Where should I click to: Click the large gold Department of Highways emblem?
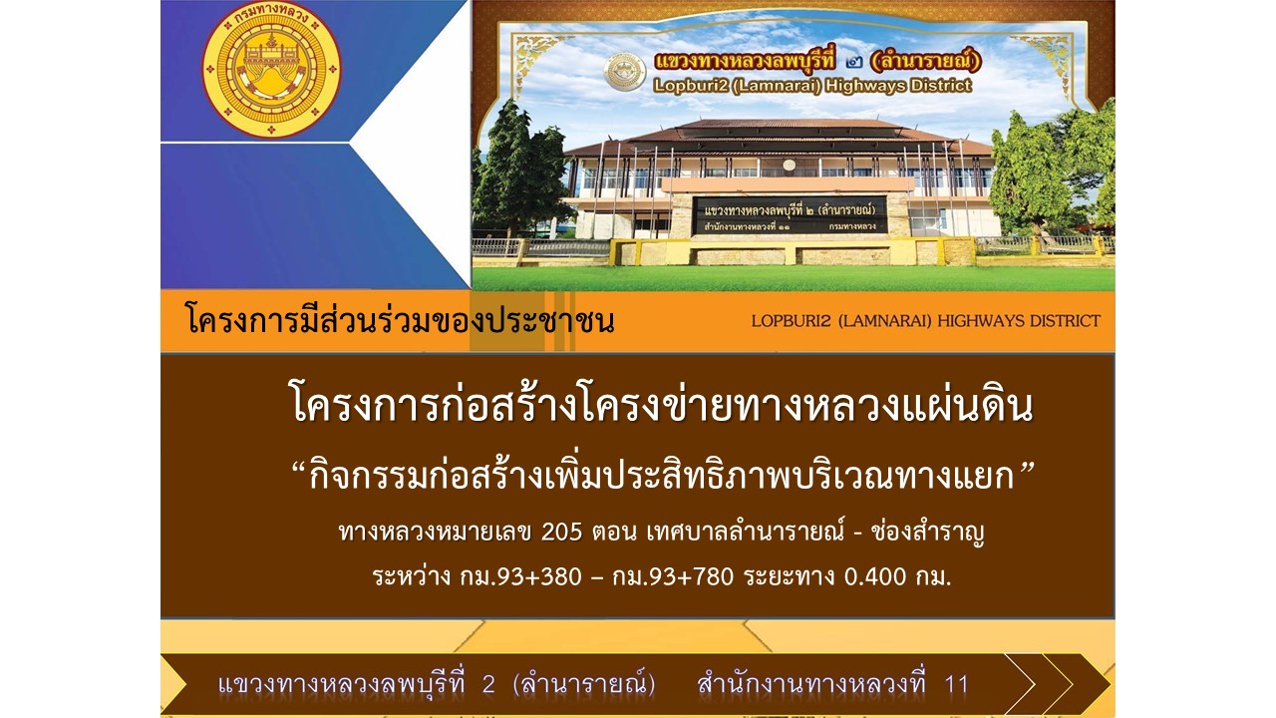pyautogui.click(x=272, y=70)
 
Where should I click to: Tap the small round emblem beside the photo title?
pyautogui.click(x=625, y=73)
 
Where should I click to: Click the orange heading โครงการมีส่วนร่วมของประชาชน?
pyautogui.click(x=400, y=321)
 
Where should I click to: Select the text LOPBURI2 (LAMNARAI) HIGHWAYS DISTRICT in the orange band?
pyautogui.click(x=926, y=321)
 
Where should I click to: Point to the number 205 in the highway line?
pyautogui.click(x=561, y=533)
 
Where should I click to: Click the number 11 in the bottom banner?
pyautogui.click(x=956, y=684)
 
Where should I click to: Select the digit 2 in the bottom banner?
pyautogui.click(x=488, y=684)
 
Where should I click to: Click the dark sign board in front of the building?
pyautogui.click(x=790, y=215)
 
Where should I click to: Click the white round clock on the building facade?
pyautogui.click(x=789, y=166)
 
